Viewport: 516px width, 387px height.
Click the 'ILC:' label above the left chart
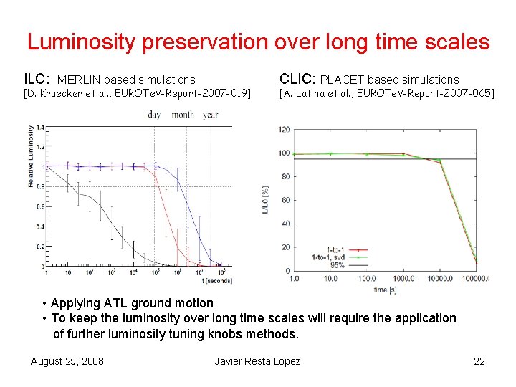(x=37, y=78)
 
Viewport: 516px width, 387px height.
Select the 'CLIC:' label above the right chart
(x=297, y=78)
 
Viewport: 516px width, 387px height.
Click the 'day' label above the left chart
(x=154, y=115)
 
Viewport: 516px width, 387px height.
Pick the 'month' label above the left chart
(x=182, y=115)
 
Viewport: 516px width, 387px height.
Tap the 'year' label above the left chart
(x=210, y=115)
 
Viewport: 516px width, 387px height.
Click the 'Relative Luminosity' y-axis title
(x=31, y=156)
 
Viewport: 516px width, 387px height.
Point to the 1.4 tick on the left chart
(x=39, y=127)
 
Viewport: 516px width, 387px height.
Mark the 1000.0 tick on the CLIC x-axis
(x=403, y=279)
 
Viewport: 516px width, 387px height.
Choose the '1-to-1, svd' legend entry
(x=328, y=257)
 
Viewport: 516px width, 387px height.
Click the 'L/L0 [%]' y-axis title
(x=266, y=200)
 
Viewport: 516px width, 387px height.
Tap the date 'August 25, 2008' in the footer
(x=67, y=360)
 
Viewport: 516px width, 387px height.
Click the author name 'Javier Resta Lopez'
(x=257, y=360)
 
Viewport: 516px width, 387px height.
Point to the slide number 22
(x=479, y=360)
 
